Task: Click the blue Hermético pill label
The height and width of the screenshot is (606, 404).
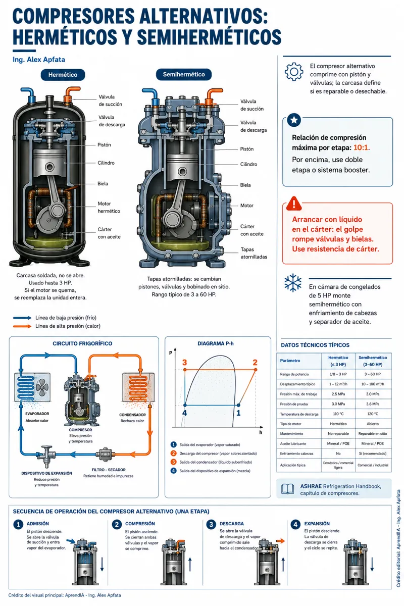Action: pos(63,75)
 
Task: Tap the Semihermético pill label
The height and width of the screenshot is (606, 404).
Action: pos(184,74)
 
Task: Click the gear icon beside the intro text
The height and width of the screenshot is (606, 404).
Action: pos(294,72)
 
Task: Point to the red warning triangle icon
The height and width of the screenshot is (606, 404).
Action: pos(293,203)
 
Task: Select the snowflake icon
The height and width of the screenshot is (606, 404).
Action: pos(293,283)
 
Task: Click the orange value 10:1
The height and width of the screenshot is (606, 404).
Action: pos(362,147)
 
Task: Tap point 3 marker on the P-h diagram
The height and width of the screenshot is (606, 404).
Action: pos(185,370)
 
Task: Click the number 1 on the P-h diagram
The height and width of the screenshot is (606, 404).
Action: pos(238,413)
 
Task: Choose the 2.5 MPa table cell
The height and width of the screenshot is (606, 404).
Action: pos(338,394)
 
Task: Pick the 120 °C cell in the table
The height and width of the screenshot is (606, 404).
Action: pos(373,414)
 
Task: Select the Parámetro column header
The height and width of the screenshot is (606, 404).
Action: pos(290,361)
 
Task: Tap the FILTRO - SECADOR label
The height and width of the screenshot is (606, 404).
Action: pos(109,470)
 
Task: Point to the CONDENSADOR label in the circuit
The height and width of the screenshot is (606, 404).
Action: pos(133,415)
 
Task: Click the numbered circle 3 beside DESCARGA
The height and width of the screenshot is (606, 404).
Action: pos(211,525)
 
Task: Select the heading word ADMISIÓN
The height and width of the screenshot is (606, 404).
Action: pos(37,524)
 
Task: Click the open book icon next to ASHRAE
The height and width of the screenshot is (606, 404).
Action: pos(288,489)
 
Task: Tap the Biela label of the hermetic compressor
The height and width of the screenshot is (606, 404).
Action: pos(103,184)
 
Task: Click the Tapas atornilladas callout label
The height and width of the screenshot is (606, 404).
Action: pos(254,253)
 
